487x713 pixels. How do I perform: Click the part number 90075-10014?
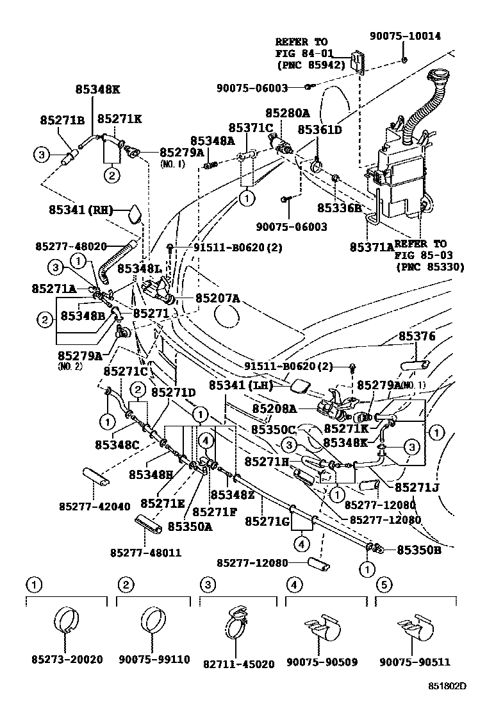[406, 37]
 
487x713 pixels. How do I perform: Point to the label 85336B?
[340, 208]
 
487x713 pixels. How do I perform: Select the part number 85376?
[417, 336]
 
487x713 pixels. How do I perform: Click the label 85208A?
[274, 408]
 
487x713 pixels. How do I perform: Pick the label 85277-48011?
[145, 552]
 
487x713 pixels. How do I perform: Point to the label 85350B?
[418, 549]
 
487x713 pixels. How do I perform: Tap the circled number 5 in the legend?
[383, 584]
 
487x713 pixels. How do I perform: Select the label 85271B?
[62, 120]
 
